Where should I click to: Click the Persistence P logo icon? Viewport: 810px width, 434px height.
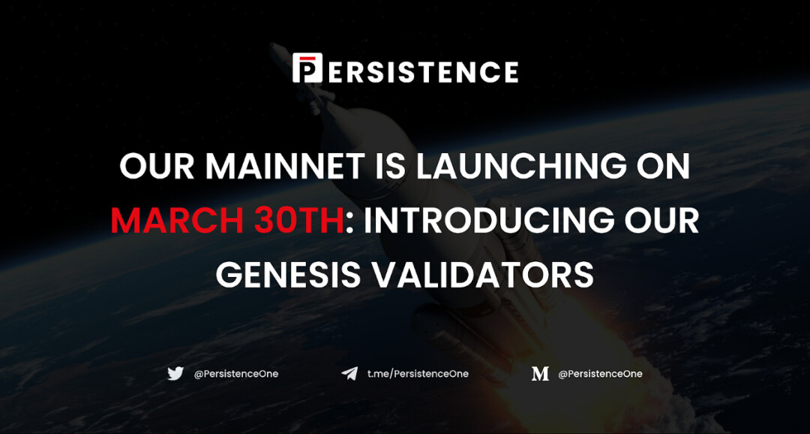tap(307, 68)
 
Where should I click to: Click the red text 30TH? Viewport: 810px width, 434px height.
tap(292, 221)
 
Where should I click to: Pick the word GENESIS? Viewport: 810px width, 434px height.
tap(289, 275)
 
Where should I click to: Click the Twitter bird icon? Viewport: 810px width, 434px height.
tap(175, 373)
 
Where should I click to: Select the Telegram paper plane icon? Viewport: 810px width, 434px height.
tap(349, 373)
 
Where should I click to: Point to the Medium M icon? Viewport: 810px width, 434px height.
tap(540, 374)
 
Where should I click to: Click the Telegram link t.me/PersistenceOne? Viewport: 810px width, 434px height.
tap(418, 373)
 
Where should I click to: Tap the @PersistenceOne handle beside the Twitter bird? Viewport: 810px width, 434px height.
tap(236, 373)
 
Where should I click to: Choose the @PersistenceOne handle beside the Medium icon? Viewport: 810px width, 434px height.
tap(600, 373)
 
